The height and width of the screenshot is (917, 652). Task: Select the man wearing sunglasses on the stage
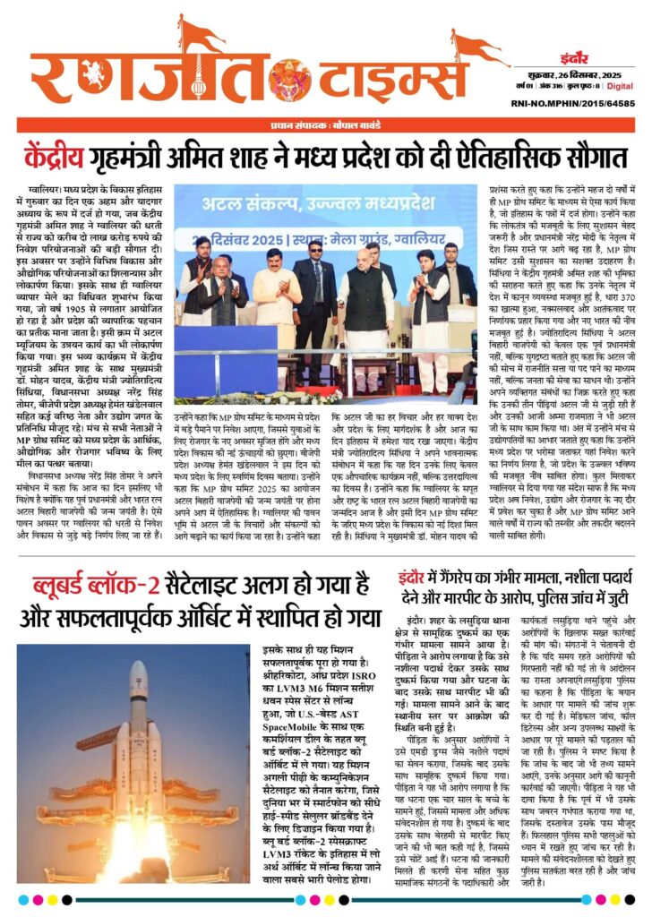click(x=314, y=269)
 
